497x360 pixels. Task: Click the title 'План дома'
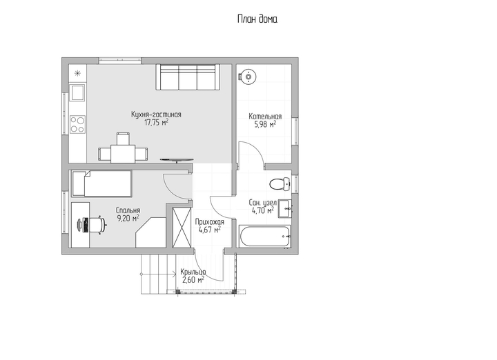coord(257,19)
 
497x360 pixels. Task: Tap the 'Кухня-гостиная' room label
coord(156,114)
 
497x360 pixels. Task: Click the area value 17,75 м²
coord(156,123)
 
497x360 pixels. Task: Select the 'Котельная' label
coord(265,116)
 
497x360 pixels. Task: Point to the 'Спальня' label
coord(128,210)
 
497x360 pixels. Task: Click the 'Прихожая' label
coord(210,222)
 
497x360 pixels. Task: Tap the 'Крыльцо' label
coord(193,272)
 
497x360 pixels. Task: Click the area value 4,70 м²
coord(263,210)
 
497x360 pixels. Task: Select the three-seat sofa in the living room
coord(188,77)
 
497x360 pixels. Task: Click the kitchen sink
coord(77,93)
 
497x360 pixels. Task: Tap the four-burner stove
coord(77,124)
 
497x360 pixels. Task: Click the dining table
coord(123,154)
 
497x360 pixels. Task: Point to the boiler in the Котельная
coord(248,77)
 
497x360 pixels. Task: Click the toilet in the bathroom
coord(280,184)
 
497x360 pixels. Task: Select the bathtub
coord(265,236)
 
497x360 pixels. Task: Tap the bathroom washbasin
coord(285,209)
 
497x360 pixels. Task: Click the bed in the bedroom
coord(101,183)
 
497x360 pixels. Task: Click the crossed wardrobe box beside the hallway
coord(182,227)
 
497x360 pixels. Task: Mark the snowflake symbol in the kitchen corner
coord(77,74)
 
